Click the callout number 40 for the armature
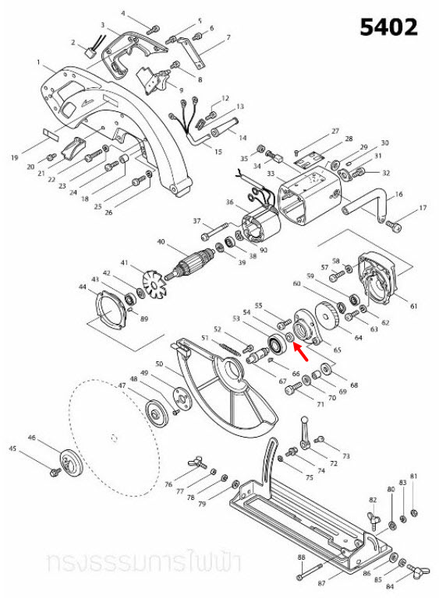[x=161, y=242]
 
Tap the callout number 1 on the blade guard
[x=38, y=62]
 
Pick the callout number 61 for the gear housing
[x=413, y=306]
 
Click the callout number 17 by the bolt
[x=423, y=209]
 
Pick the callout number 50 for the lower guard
[x=158, y=364]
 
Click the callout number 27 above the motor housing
[x=335, y=131]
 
